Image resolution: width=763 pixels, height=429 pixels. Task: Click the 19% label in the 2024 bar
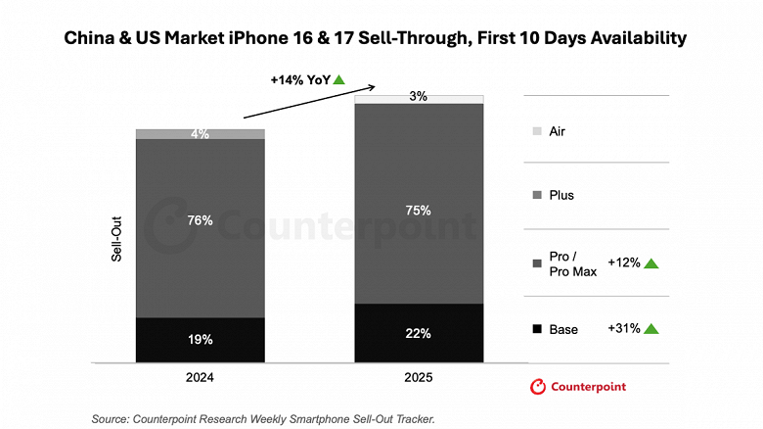[x=201, y=340]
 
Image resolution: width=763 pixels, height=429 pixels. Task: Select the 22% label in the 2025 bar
[x=419, y=334]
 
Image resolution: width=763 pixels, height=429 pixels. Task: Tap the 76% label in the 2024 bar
[x=201, y=220]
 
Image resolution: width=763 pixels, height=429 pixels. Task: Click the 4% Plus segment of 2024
[x=201, y=134]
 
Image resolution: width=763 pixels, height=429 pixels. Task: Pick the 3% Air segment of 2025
[x=419, y=97]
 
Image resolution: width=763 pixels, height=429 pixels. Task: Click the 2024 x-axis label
[x=200, y=377]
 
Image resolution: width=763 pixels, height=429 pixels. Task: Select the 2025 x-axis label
[x=419, y=377]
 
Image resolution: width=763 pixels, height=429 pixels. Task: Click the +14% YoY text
[x=300, y=79]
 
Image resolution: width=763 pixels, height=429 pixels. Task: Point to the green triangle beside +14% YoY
[x=339, y=79]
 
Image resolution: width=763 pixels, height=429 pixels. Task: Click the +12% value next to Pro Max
[x=624, y=262]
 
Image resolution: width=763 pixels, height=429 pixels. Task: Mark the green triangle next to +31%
[x=651, y=329]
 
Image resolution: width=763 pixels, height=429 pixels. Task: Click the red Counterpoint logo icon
[x=537, y=387]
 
